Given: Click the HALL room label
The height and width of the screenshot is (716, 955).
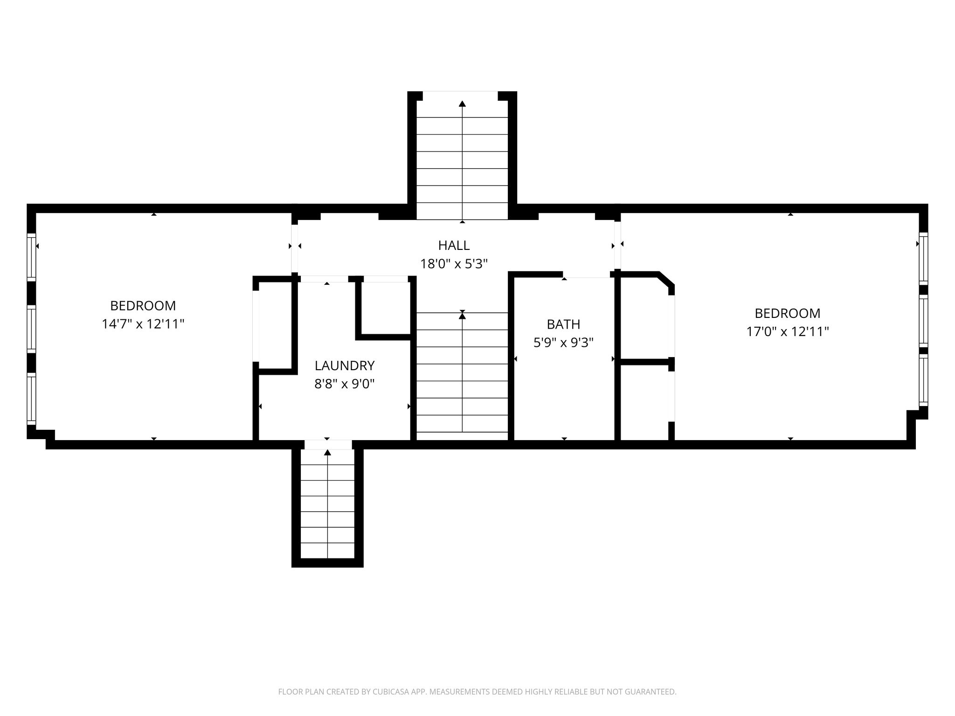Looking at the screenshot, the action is pyautogui.click(x=454, y=245).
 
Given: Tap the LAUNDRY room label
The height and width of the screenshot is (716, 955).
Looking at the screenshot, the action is pyautogui.click(x=345, y=365).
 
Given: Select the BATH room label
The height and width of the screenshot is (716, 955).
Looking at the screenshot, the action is pyautogui.click(x=563, y=324).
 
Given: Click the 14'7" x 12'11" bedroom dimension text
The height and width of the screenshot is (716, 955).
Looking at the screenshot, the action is pyautogui.click(x=143, y=324).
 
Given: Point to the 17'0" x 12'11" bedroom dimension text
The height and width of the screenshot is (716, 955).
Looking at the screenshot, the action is pyautogui.click(x=788, y=332).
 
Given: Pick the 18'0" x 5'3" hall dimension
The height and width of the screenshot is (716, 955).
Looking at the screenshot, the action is pyautogui.click(x=454, y=264).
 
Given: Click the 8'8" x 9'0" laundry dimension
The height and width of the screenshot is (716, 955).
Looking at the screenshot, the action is pyautogui.click(x=345, y=384).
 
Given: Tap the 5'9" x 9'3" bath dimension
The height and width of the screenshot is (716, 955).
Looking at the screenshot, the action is pyautogui.click(x=563, y=343).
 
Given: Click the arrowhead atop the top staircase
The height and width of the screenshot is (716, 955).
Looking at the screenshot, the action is pyautogui.click(x=462, y=104).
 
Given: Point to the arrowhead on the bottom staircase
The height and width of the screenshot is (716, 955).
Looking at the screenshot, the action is pyautogui.click(x=327, y=452).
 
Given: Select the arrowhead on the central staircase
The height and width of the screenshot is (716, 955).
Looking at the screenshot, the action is pyautogui.click(x=462, y=316).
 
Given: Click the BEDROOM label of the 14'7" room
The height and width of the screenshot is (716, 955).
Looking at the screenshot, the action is pyautogui.click(x=143, y=306).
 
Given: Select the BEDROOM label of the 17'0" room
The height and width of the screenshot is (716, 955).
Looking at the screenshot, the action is pyautogui.click(x=788, y=313).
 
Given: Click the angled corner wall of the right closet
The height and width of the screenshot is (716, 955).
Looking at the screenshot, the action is pyautogui.click(x=665, y=280).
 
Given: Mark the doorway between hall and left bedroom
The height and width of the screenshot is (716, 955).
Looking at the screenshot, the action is pyautogui.click(x=294, y=248).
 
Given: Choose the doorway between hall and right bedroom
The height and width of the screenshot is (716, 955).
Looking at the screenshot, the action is pyautogui.click(x=617, y=245).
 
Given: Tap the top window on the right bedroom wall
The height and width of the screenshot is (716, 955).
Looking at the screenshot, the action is pyautogui.click(x=923, y=258).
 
